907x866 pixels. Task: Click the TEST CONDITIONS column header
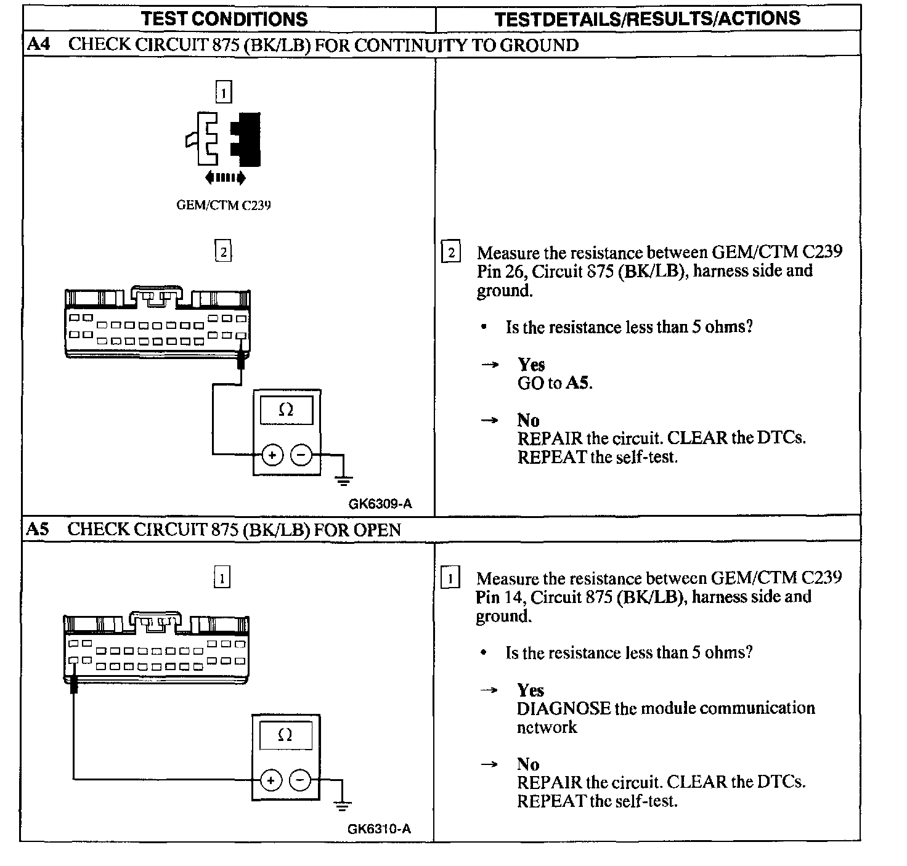[x=224, y=19]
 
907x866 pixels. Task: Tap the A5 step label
[x=37, y=529]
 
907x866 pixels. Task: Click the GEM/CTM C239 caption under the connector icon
[x=224, y=205]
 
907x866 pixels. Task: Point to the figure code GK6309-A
[x=380, y=504]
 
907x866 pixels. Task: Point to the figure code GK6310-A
[x=379, y=828]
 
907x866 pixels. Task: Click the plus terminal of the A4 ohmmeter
[x=272, y=455]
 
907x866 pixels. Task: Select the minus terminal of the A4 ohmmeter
[x=301, y=455]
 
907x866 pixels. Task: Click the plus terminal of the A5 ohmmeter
[x=270, y=780]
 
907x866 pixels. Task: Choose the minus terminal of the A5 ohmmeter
[x=299, y=780]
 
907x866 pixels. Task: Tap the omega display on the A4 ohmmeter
[x=287, y=410]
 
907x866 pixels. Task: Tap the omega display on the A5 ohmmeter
[x=285, y=735]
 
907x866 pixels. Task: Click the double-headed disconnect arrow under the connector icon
[x=226, y=178]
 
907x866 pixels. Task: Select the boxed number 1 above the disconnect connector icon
[x=223, y=93]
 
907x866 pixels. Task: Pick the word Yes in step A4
[x=531, y=365]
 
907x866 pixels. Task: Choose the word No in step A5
[x=528, y=764]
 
